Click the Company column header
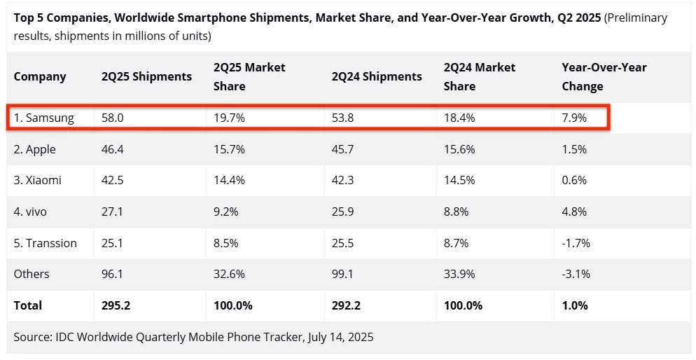coord(40,76)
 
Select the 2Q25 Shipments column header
coord(146,76)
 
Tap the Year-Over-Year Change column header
coord(604,76)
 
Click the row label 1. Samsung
coord(43,118)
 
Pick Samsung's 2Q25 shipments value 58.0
coord(112,118)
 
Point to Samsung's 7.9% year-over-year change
coord(575,118)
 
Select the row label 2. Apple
coord(35,149)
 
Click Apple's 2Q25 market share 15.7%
coord(229,149)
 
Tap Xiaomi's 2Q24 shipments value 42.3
coord(344,180)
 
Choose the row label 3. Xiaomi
coord(38,180)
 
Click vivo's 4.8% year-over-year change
coord(575,212)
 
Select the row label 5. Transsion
coord(46,243)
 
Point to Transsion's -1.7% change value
coord(576,243)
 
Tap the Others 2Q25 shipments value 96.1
coord(112,274)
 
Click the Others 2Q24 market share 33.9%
coord(459,274)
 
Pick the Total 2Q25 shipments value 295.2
coord(115,305)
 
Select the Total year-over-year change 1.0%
coord(575,305)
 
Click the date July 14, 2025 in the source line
coord(340,337)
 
